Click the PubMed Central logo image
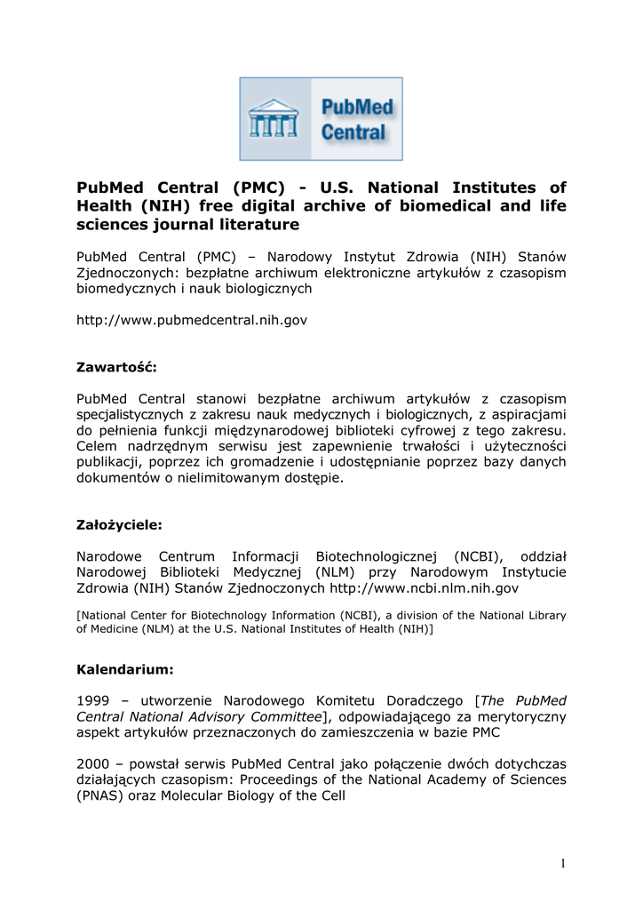click(321, 118)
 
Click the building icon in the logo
click(273, 118)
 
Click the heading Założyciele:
click(120, 524)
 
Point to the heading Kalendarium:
click(125, 667)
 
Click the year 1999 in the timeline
click(92, 700)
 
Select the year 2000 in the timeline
click(92, 763)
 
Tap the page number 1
click(562, 864)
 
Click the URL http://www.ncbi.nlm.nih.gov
click(424, 588)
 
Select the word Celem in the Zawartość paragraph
click(97, 445)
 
